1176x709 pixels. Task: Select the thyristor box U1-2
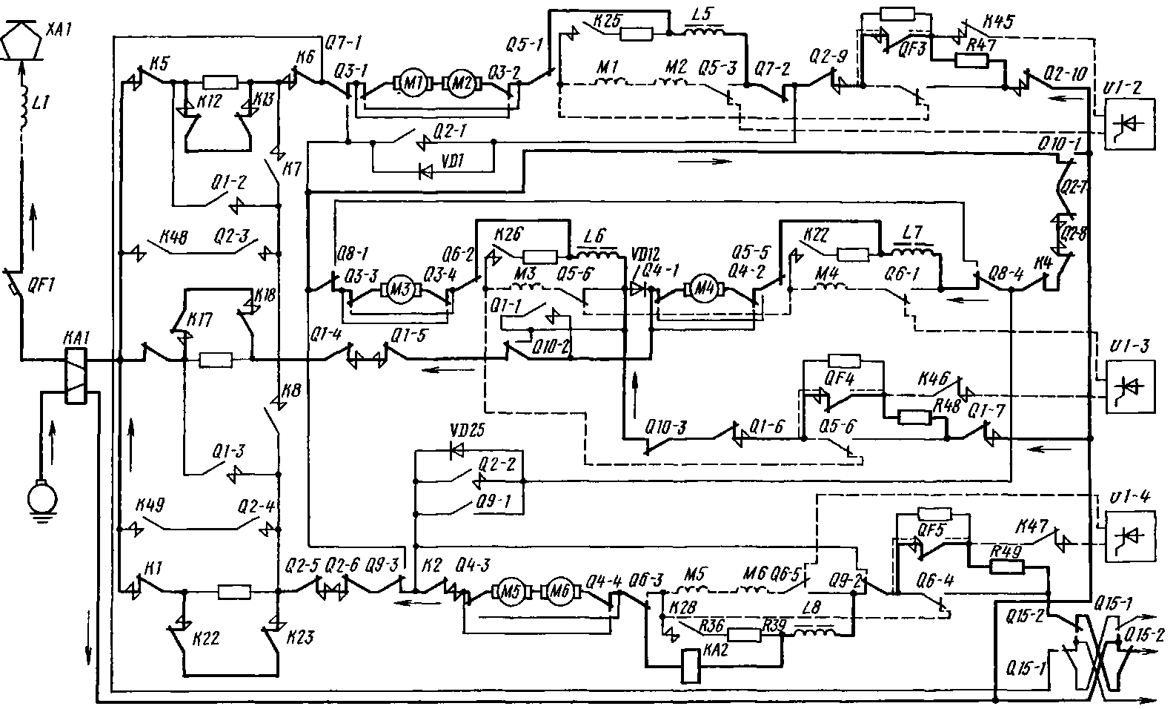1129,124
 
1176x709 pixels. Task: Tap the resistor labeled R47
971,61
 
